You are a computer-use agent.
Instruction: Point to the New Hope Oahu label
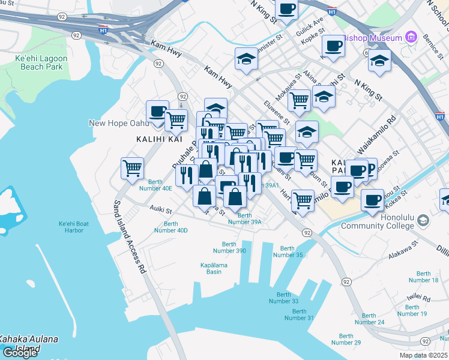tap(118, 123)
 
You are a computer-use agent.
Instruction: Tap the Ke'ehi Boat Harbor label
tap(74, 227)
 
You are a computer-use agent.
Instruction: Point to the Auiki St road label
tap(160, 211)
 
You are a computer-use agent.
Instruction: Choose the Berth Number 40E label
tap(155, 185)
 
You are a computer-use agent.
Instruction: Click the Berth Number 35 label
tap(288, 251)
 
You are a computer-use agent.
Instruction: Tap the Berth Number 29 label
tap(346, 339)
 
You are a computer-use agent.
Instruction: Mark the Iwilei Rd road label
tap(418, 296)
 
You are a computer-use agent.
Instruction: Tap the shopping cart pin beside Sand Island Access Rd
tap(132, 167)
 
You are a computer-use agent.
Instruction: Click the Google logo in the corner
tap(20, 353)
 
